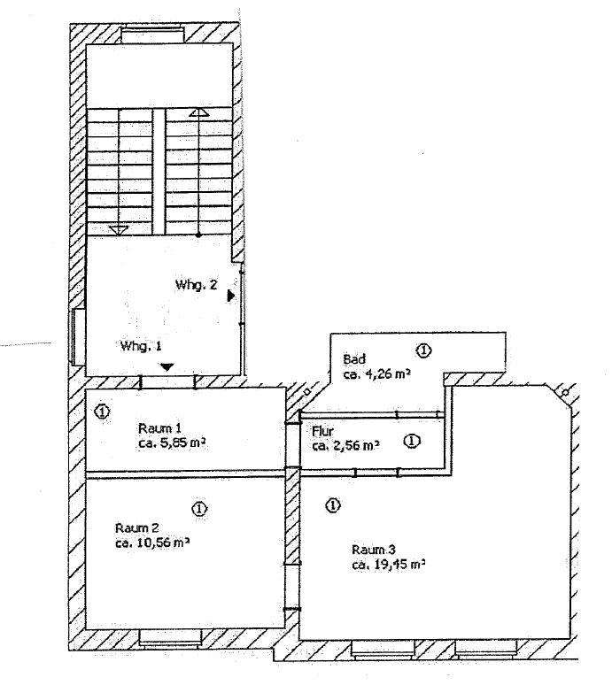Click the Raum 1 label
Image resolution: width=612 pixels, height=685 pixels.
[159, 428]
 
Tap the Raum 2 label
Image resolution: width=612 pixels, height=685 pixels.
[136, 527]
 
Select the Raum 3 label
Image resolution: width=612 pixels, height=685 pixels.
[374, 549]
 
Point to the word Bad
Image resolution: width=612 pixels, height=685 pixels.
[354, 359]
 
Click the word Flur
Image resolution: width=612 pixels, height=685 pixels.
[322, 431]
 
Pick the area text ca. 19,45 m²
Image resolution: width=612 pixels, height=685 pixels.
[389, 565]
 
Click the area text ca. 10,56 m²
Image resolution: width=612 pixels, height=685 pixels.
[152, 543]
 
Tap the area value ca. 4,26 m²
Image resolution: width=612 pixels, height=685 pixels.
[376, 374]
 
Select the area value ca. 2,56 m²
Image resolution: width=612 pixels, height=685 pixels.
[345, 445]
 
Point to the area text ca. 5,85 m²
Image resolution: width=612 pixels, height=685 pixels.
[172, 443]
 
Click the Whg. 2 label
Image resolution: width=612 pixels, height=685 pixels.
[196, 285]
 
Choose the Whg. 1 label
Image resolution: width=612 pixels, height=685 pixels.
[141, 346]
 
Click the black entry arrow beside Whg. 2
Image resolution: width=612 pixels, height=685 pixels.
[231, 296]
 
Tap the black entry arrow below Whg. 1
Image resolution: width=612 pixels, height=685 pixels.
[167, 366]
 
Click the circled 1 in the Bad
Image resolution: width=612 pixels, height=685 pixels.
[423, 350]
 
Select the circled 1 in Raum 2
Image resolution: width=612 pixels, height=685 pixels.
[199, 509]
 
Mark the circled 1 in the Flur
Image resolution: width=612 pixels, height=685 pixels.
[412, 442]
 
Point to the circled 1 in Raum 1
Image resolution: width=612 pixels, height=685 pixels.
[102, 411]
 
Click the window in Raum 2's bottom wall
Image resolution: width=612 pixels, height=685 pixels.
[170, 638]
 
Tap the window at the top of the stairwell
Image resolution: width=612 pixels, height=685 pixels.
[151, 35]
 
